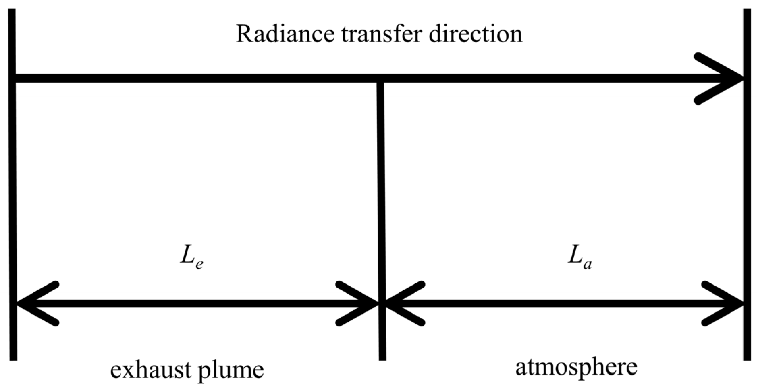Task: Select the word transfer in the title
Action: [x=382, y=34]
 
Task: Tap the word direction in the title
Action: [x=476, y=34]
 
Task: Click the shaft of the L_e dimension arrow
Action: [x=196, y=303]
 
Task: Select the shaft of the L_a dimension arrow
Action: [x=564, y=303]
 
